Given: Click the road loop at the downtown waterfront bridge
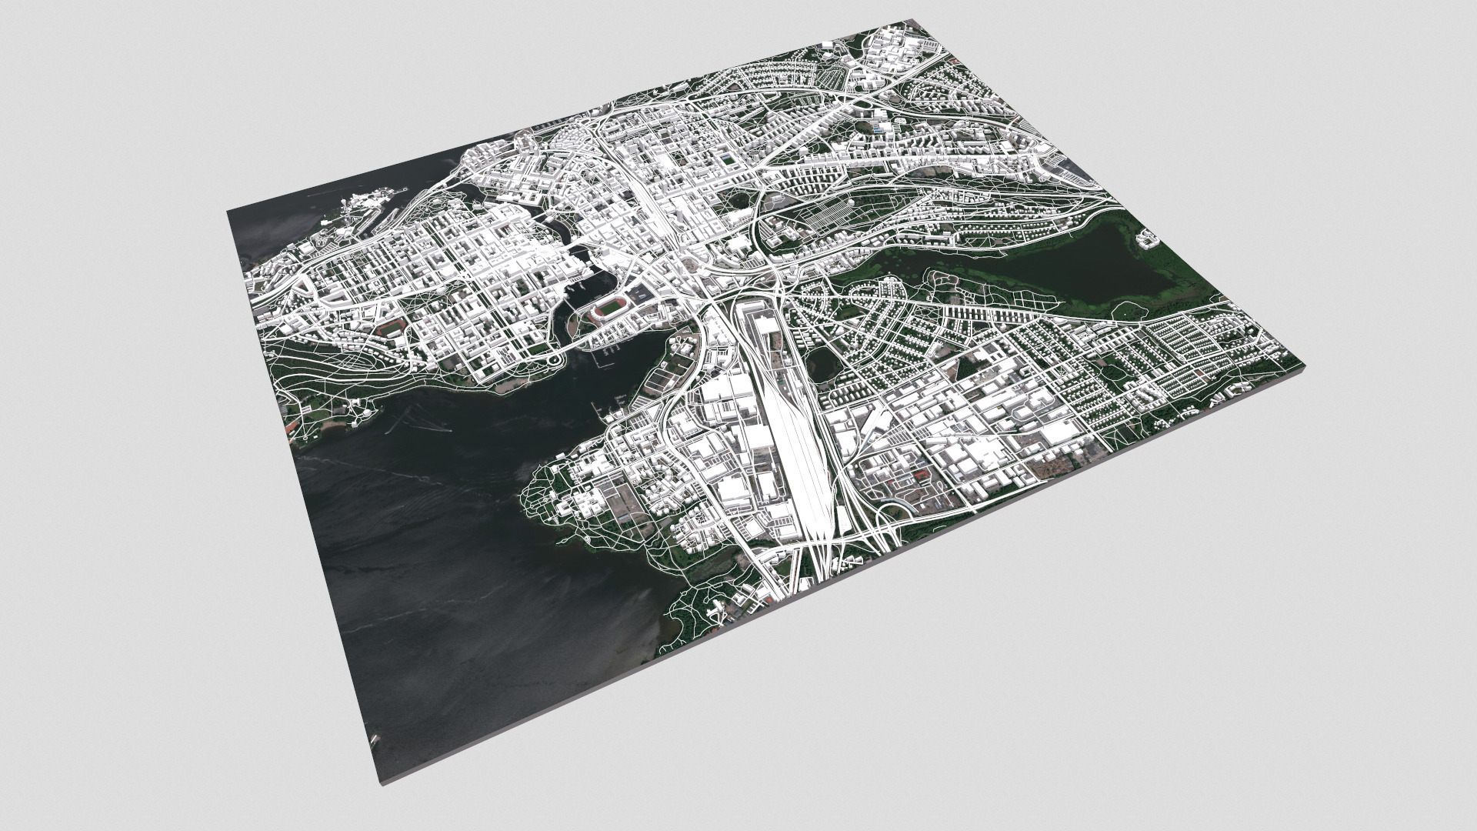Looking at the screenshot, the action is click(555, 359).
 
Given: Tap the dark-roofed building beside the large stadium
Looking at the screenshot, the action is click(641, 292).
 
